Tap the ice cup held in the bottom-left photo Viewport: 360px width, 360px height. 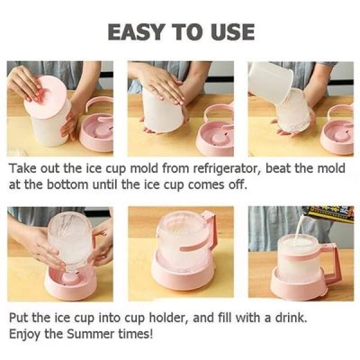[67, 239]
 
